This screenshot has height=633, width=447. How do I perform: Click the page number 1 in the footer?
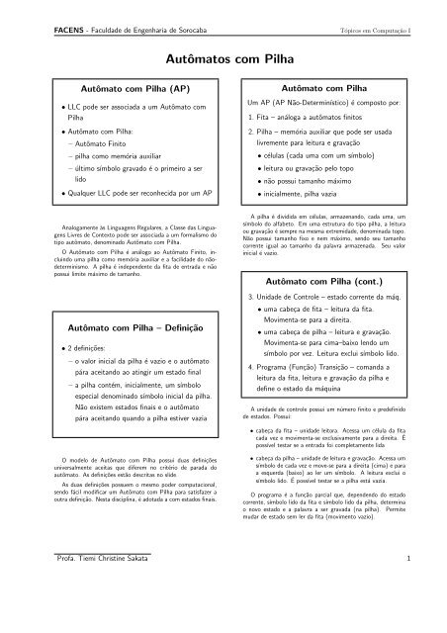[422, 614]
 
